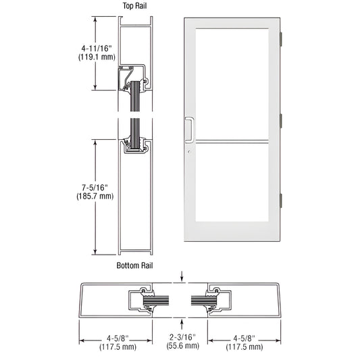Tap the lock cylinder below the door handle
[190, 152]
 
